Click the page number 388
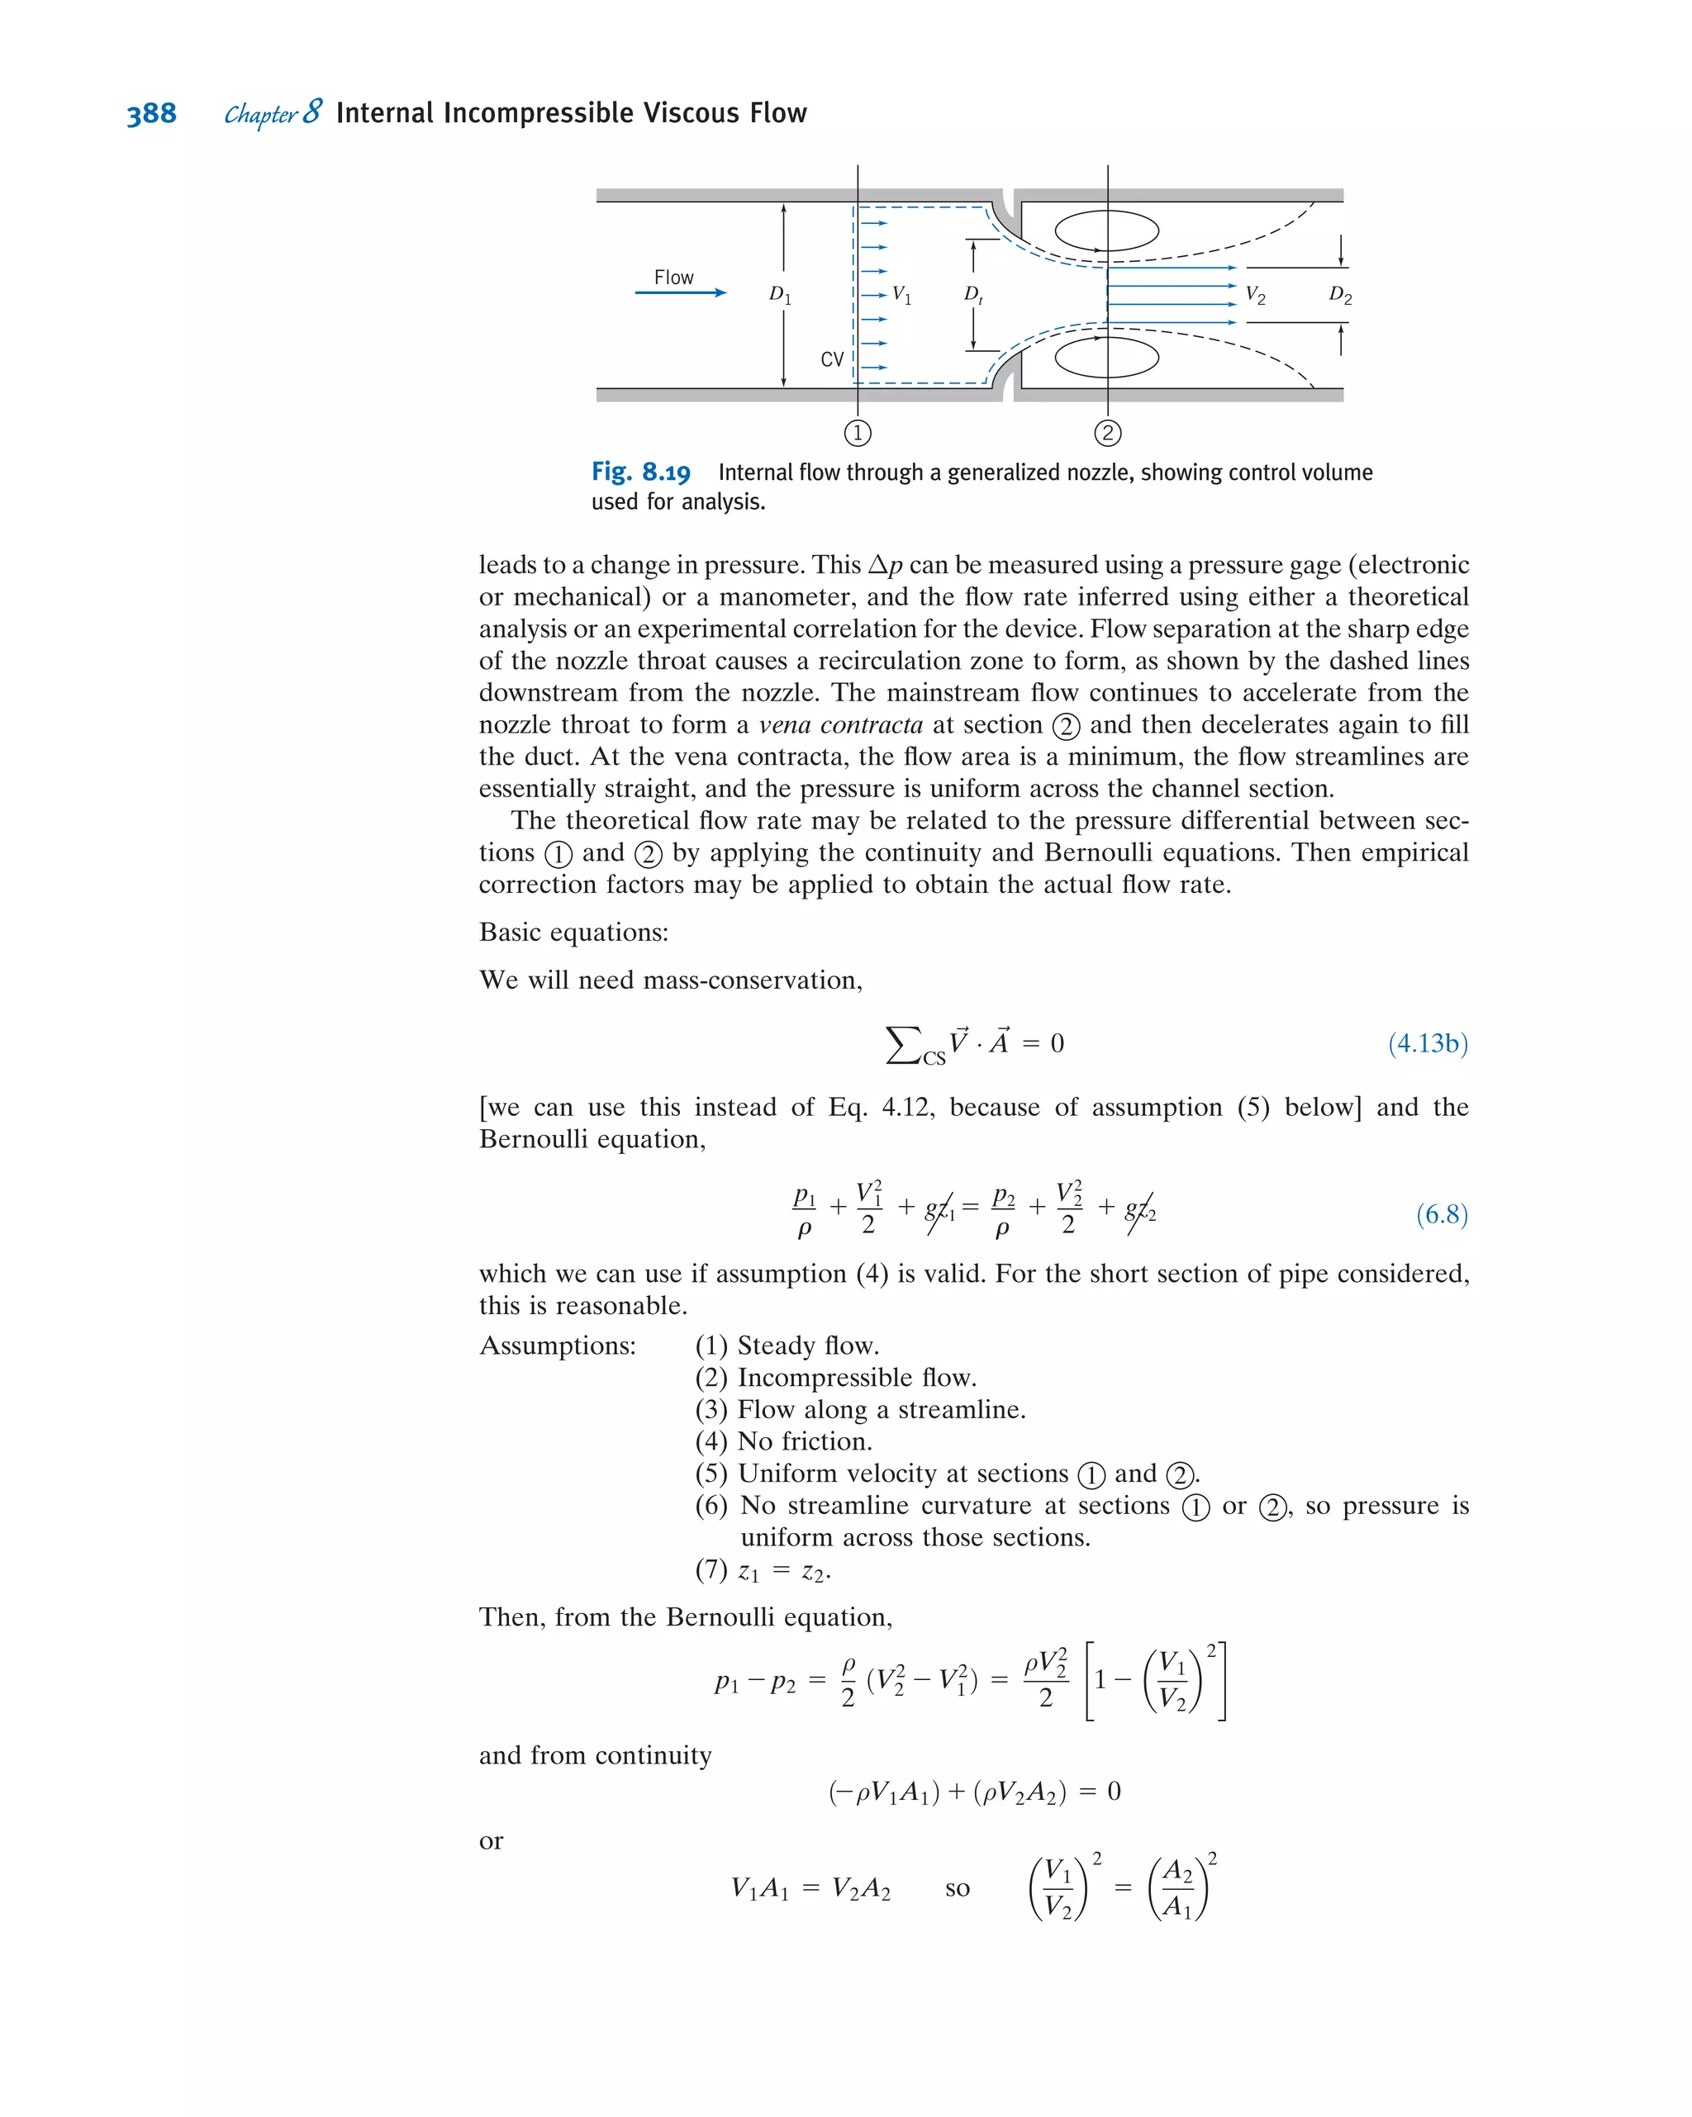[x=151, y=114]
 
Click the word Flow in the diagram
[x=673, y=278]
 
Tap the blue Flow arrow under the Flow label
[x=681, y=292]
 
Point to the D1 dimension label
[x=780, y=295]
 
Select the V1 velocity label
[x=901, y=295]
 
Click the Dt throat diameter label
[x=973, y=295]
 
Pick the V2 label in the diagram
[x=1255, y=295]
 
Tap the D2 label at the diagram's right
[x=1339, y=296]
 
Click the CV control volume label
[x=832, y=359]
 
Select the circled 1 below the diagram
[x=858, y=433]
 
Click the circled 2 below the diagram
[x=1108, y=433]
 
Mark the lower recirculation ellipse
[x=1107, y=358]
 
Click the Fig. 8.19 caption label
[x=640, y=472]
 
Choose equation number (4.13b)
[x=1428, y=1042]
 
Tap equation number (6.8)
[x=1442, y=1215]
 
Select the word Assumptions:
[x=558, y=1346]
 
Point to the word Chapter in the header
[x=260, y=115]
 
